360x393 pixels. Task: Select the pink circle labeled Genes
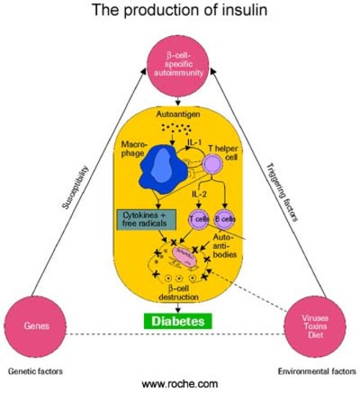[34, 325]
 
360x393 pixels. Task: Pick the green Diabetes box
[178, 321]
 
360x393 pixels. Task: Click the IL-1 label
[193, 142]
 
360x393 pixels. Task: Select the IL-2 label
[198, 197]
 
